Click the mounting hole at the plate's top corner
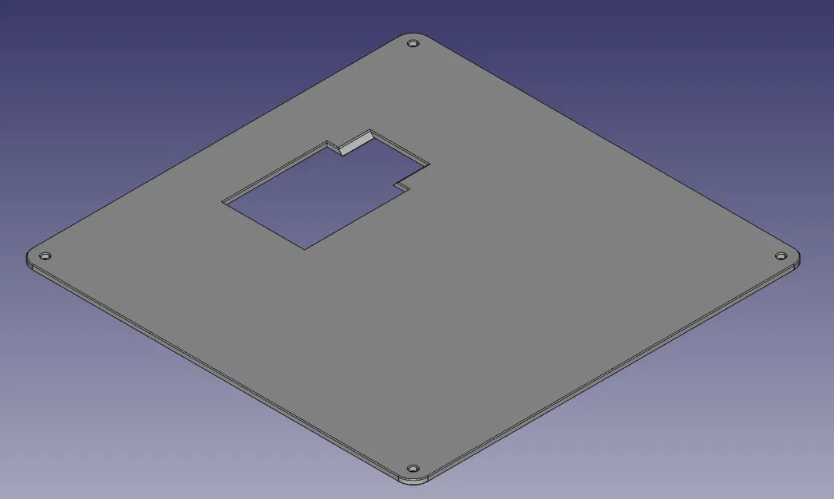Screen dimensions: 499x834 (x=412, y=43)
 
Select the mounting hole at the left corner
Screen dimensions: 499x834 (x=45, y=255)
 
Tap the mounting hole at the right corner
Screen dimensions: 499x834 (x=781, y=255)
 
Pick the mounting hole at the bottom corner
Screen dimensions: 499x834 (x=412, y=468)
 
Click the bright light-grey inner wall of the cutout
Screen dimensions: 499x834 (x=354, y=142)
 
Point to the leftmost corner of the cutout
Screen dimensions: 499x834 (x=223, y=201)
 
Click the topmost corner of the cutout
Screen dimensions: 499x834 (x=370, y=129)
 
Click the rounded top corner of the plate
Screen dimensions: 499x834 (x=412, y=36)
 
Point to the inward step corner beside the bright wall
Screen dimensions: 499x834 (x=340, y=151)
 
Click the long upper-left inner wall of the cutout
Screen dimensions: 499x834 (x=275, y=172)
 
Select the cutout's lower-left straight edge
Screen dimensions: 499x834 (x=263, y=225)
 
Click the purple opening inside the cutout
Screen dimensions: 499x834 (x=311, y=200)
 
